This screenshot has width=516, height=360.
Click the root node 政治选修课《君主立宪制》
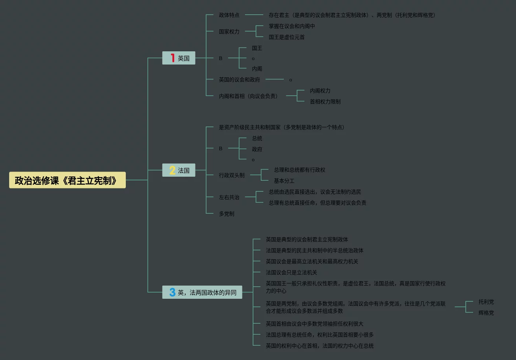(x=67, y=180)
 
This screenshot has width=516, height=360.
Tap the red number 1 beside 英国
(x=172, y=58)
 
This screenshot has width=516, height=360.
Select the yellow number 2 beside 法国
(x=172, y=170)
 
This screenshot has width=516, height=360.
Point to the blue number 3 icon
(x=172, y=292)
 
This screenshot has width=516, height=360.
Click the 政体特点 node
(x=229, y=15)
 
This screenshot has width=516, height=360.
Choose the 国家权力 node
(x=229, y=32)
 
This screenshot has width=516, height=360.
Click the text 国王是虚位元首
(x=286, y=37)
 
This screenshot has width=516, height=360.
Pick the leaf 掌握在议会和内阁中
(x=292, y=26)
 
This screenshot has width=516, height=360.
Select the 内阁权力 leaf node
(x=320, y=91)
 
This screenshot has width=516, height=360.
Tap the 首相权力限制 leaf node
(x=325, y=102)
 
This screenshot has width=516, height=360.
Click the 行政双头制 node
(x=231, y=175)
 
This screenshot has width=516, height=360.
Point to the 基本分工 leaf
(x=284, y=181)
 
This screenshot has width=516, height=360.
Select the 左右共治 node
(x=229, y=197)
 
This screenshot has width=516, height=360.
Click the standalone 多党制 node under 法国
(x=226, y=214)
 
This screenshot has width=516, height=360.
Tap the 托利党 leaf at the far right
(x=486, y=302)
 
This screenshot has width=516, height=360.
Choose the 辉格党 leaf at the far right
(x=486, y=313)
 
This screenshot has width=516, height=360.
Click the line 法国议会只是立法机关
(x=291, y=272)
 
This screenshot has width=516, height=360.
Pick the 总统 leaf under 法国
(x=257, y=138)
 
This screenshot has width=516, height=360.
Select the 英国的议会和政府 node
(x=239, y=80)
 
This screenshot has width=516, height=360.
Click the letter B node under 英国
(x=220, y=58)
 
